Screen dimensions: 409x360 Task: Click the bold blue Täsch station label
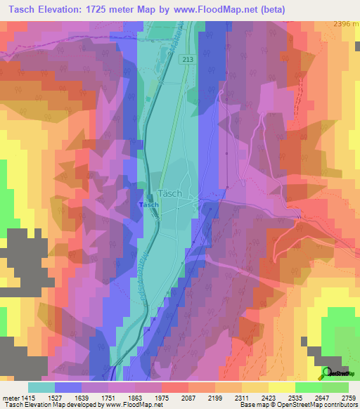tap(149, 204)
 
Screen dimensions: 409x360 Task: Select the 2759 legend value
tap(349, 397)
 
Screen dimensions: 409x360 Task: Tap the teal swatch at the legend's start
tap(41, 387)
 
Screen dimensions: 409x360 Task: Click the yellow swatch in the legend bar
tap(281, 387)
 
